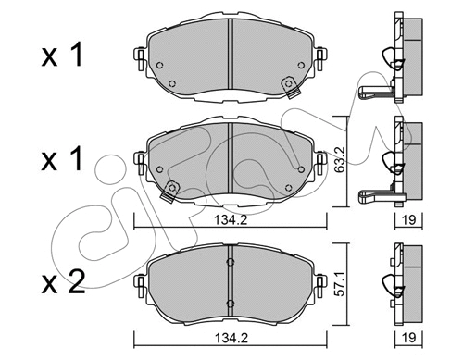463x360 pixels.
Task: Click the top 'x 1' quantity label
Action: pos(63,55)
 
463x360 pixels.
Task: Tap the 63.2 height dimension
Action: pos(341,162)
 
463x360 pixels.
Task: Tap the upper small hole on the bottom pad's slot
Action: pos(228,262)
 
